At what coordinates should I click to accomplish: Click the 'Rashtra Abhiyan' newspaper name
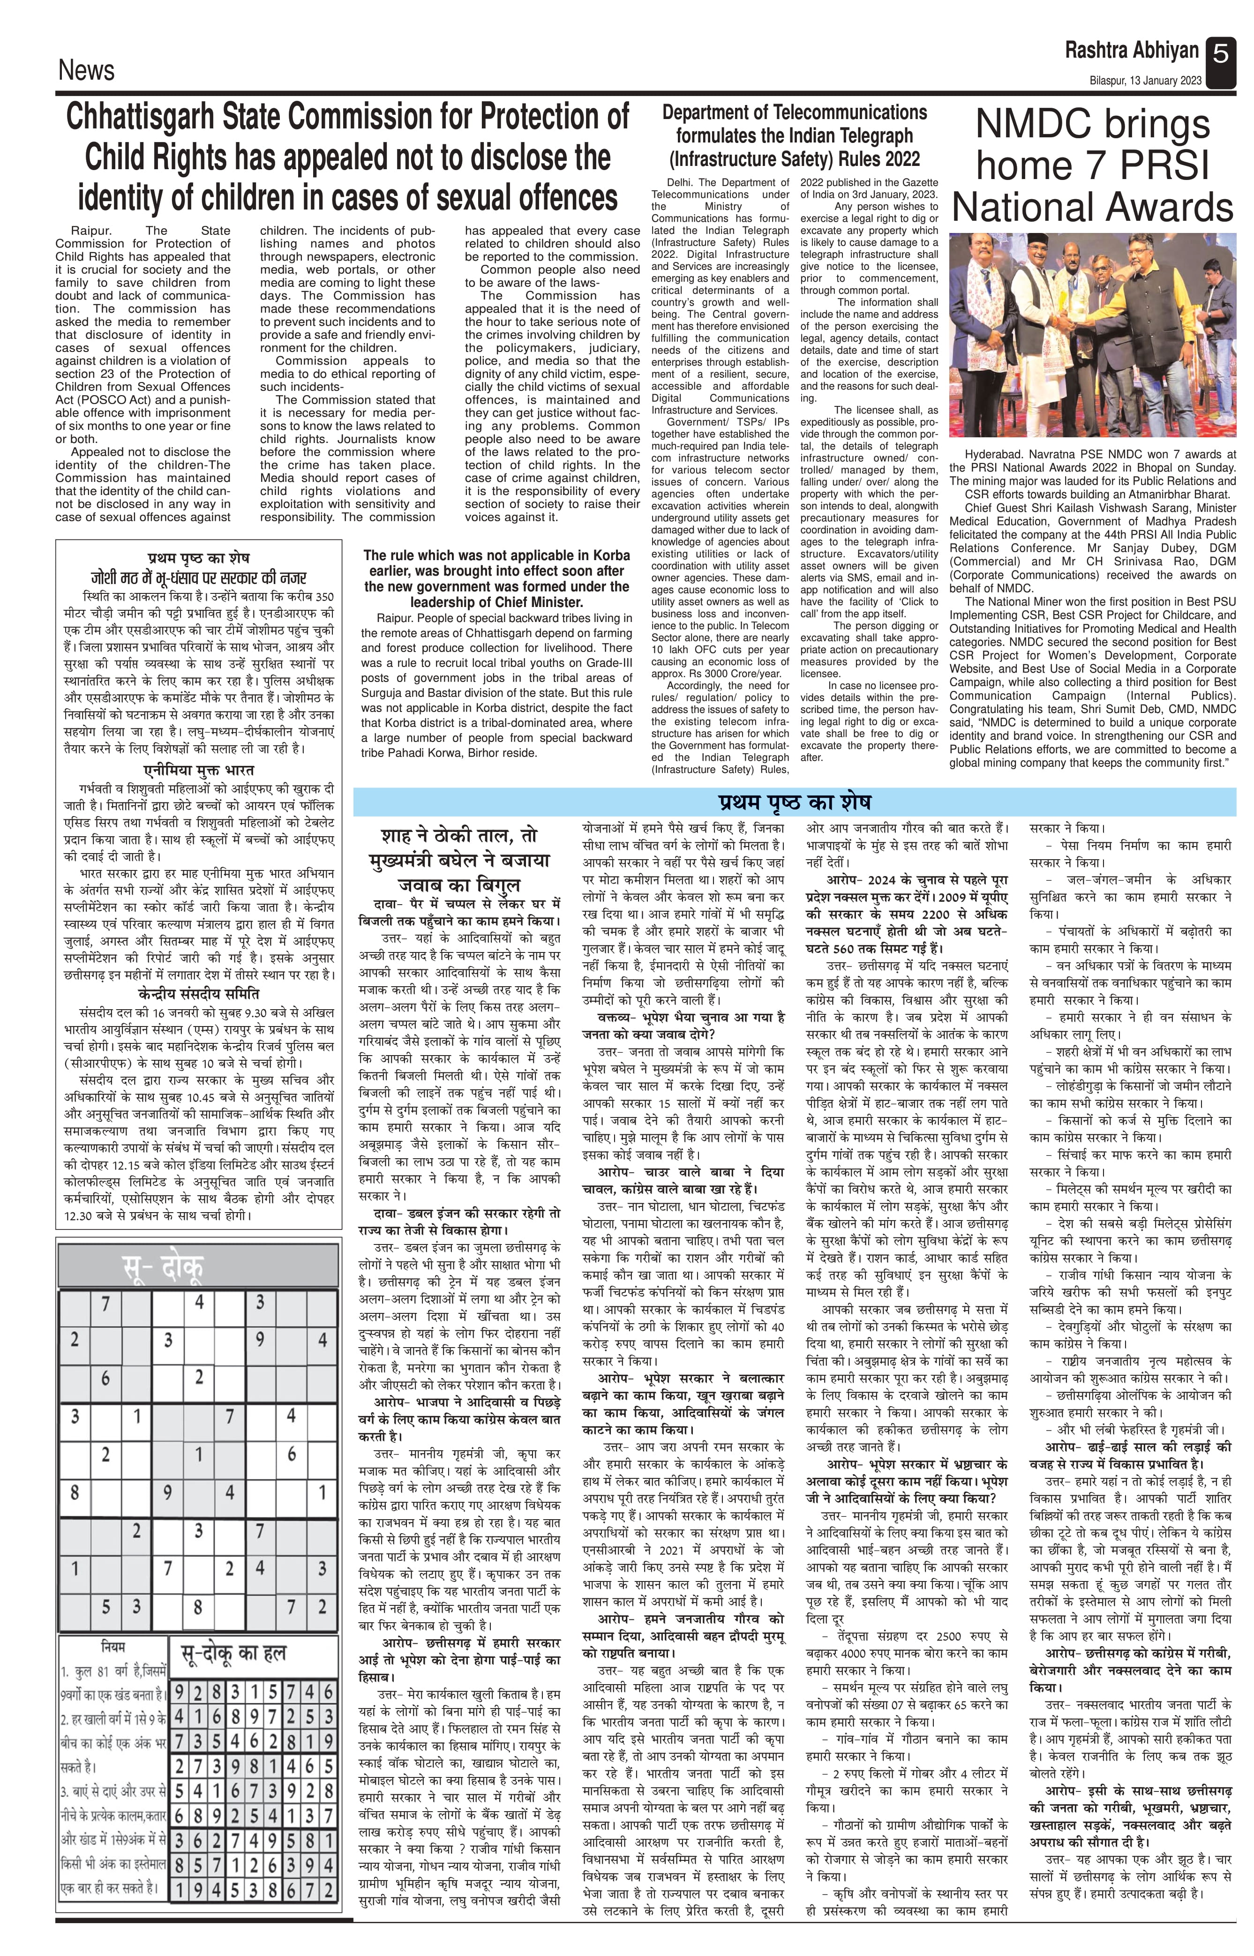[1131, 51]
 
